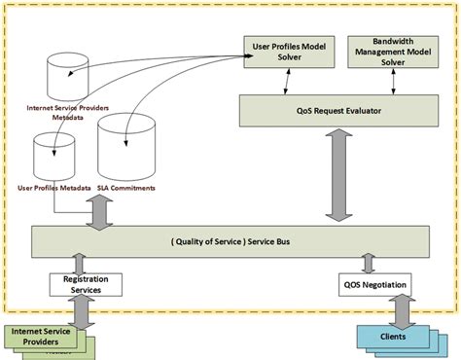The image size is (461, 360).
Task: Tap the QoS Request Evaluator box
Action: (x=339, y=110)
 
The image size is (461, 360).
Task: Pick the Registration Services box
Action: (x=86, y=284)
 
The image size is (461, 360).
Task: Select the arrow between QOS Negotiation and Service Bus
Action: (x=367, y=263)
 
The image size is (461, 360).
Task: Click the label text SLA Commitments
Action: (x=127, y=187)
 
